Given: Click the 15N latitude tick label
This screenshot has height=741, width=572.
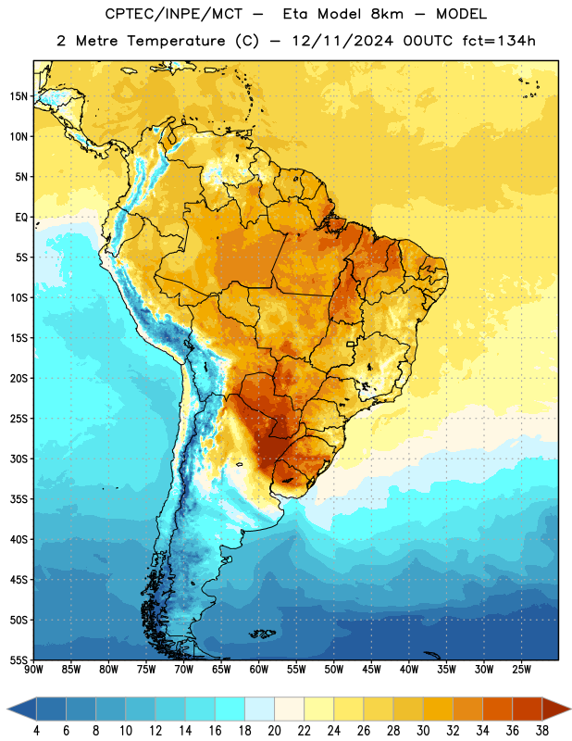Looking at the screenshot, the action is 19,96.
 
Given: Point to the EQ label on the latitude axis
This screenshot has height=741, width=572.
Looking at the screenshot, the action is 21,218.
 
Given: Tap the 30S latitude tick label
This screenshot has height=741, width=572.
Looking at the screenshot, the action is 19,458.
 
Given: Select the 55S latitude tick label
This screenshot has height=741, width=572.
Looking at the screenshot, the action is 19,660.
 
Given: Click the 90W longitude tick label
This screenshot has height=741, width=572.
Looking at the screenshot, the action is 33,669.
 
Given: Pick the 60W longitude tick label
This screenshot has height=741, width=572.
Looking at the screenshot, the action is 259,669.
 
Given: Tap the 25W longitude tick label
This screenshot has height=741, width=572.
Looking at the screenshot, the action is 521,669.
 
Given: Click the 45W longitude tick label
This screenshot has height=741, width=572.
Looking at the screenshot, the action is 371,669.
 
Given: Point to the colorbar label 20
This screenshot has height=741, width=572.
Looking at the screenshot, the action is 274,731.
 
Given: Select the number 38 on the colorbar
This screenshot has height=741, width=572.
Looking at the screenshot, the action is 542,731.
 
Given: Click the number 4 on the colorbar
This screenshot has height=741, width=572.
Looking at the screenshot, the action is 36,731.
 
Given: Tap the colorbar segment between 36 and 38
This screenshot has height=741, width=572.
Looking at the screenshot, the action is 528,709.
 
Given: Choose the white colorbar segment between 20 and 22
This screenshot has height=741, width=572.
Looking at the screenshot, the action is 289,709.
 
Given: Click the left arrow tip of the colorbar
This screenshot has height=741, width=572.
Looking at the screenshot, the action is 7,709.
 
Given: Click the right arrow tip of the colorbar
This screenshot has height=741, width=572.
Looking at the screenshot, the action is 570,709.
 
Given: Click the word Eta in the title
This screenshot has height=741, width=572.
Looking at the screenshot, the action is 295,14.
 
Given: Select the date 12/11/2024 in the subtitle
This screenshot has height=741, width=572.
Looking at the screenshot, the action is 342,41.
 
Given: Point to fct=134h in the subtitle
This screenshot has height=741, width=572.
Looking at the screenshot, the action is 499,41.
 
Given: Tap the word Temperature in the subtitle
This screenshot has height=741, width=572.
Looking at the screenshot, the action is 176,42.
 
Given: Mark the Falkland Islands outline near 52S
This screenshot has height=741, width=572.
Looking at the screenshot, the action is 262,634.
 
